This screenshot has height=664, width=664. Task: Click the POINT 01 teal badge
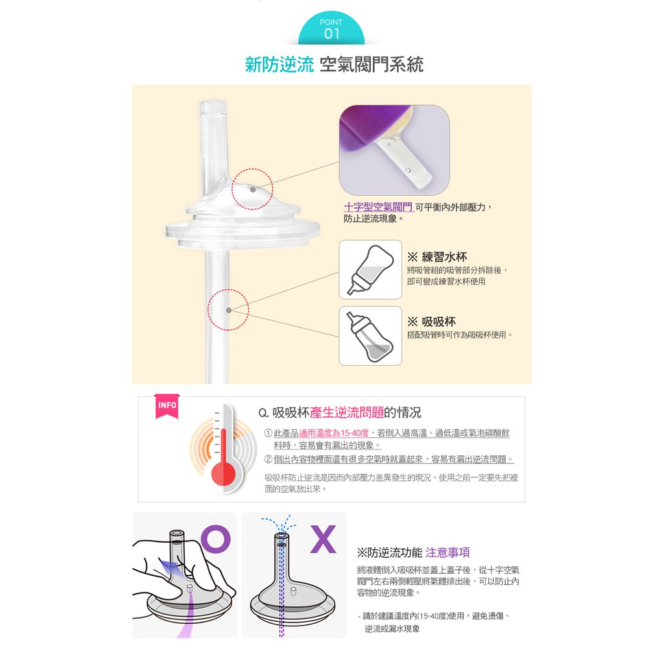pyautogui.click(x=331, y=29)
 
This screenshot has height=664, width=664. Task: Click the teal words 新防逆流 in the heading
pyautogui.click(x=279, y=64)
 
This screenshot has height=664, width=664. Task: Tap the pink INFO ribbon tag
pyautogui.click(x=167, y=406)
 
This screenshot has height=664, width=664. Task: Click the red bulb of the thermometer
pyautogui.click(x=223, y=473)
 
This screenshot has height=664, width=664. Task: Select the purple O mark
pyautogui.click(x=215, y=539)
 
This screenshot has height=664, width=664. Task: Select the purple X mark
pyautogui.click(x=323, y=539)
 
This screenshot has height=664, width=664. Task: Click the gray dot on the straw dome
pyautogui.click(x=253, y=189)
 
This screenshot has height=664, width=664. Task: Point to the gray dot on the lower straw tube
pyautogui.click(x=229, y=311)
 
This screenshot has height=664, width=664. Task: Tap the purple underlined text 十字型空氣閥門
pyautogui.click(x=378, y=207)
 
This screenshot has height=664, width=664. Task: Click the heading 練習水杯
pyautogui.click(x=444, y=257)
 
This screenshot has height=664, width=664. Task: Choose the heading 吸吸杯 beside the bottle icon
pyautogui.click(x=439, y=322)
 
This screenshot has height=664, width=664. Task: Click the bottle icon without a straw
pyautogui.click(x=370, y=269)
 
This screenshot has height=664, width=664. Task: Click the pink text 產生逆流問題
pyautogui.click(x=347, y=412)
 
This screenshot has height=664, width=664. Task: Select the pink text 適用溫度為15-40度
pyautogui.click(x=334, y=433)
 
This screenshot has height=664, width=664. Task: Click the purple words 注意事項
pyautogui.click(x=447, y=552)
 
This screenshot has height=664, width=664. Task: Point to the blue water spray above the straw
pyautogui.click(x=279, y=524)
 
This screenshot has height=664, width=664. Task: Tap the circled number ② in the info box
pyautogui.click(x=268, y=460)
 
